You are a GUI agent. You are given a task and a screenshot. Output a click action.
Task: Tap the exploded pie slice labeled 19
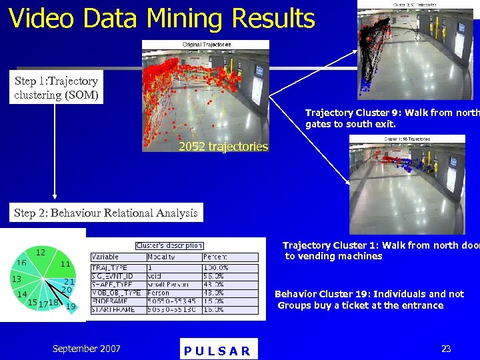(69, 305)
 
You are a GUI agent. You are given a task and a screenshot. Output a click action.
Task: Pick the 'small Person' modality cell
(165, 284)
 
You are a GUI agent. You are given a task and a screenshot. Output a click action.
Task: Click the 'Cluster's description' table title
(169, 245)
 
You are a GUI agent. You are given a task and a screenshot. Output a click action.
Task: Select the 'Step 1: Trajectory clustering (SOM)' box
(57, 88)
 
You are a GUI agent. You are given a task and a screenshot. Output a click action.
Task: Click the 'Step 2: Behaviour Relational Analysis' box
(106, 213)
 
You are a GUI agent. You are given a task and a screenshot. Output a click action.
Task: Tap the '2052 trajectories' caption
(223, 147)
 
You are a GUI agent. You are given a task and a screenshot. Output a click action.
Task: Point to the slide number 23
(446, 348)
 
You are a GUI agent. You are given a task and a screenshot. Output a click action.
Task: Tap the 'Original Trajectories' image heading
(207, 44)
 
